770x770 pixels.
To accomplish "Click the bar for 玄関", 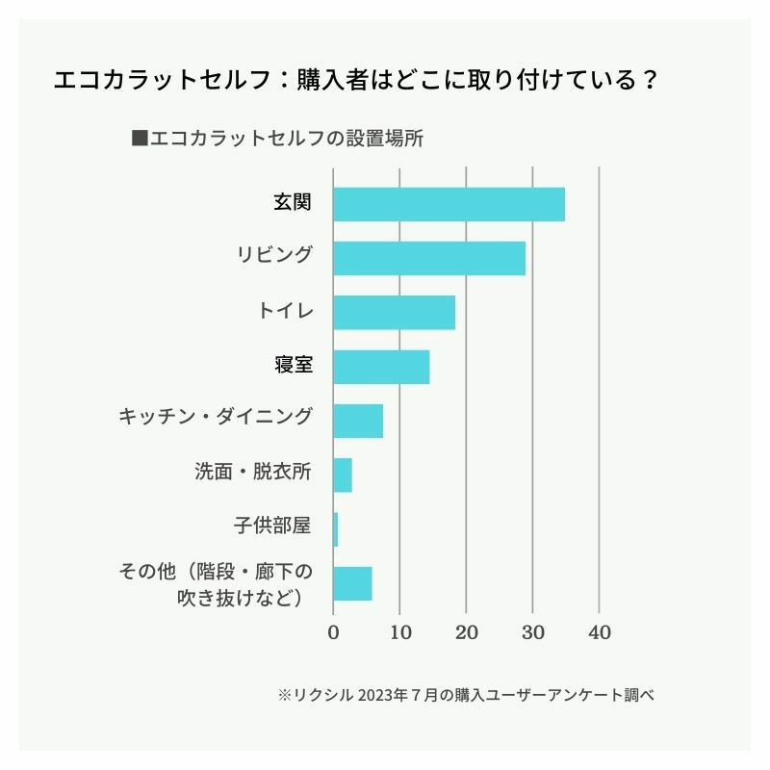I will click(449, 204).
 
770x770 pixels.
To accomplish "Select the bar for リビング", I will click(429, 258).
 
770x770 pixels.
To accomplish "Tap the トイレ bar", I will click(394, 313).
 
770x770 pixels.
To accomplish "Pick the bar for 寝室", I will click(381, 367).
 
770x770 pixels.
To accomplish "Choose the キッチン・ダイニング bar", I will click(358, 421).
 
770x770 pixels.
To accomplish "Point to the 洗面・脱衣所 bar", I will click(343, 475).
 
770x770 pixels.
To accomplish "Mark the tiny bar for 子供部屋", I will click(335, 529).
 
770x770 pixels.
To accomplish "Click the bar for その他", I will click(352, 583).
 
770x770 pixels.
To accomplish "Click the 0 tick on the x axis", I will click(333, 632).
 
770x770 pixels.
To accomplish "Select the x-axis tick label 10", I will click(399, 632).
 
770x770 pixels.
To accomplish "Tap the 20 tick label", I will click(466, 632).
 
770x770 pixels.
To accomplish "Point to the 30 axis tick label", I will click(532, 632).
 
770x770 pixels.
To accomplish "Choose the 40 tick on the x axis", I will click(599, 632).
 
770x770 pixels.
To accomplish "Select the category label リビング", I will click(274, 255).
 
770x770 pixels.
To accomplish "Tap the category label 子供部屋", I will click(272, 526).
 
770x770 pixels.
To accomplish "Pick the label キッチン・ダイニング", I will click(216, 418).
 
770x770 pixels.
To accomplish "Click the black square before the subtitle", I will click(139, 138).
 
